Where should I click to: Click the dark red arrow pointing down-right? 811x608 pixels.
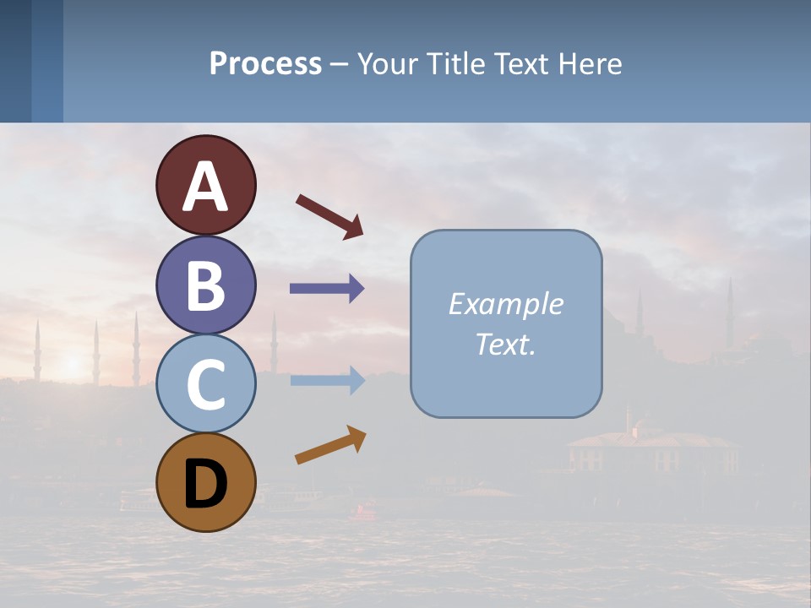(329, 216)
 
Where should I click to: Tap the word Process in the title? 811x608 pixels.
(265, 63)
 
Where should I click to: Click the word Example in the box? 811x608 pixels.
(505, 304)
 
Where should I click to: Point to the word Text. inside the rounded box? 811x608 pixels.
(505, 344)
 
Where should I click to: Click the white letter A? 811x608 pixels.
(206, 187)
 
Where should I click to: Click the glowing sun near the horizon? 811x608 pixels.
(71, 363)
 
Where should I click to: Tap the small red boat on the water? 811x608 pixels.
(366, 509)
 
